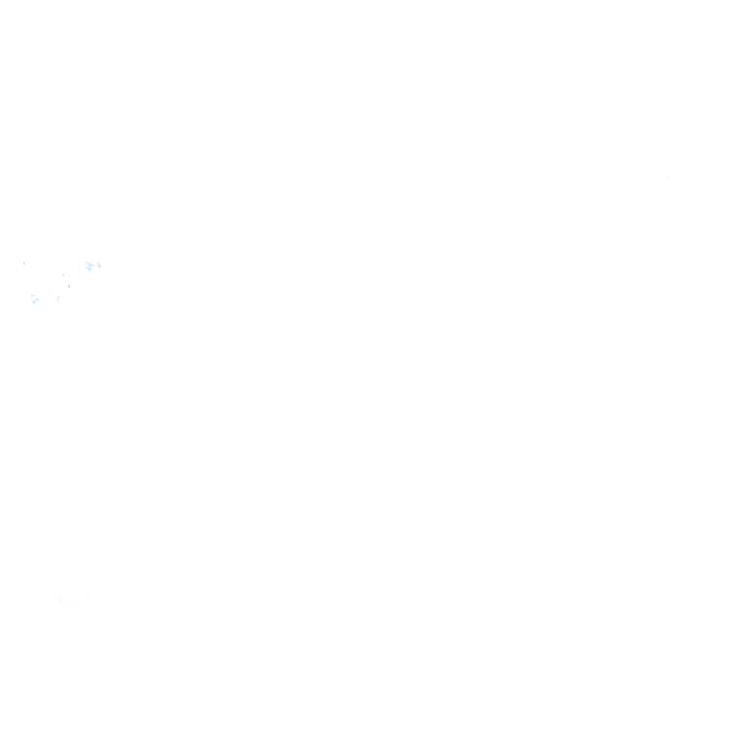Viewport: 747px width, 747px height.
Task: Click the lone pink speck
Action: point(667,176)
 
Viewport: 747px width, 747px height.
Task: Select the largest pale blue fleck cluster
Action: point(92,266)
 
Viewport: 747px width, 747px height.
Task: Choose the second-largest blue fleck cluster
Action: point(34,299)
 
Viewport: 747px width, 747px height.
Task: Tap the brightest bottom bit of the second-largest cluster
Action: point(34,302)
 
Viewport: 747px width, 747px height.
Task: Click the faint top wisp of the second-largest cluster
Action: point(33,295)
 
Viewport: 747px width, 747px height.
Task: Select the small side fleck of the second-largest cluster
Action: point(38,300)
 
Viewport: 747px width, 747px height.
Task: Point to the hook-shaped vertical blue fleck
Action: point(57,298)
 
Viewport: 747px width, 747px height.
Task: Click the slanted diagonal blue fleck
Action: point(69,285)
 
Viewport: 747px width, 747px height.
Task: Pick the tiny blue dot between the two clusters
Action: point(63,274)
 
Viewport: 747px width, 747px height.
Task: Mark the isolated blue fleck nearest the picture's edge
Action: point(24,263)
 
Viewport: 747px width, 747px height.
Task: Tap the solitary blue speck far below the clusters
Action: point(60,600)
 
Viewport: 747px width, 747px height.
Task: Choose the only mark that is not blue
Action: point(667,176)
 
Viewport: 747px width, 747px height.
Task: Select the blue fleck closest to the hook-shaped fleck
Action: point(69,285)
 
